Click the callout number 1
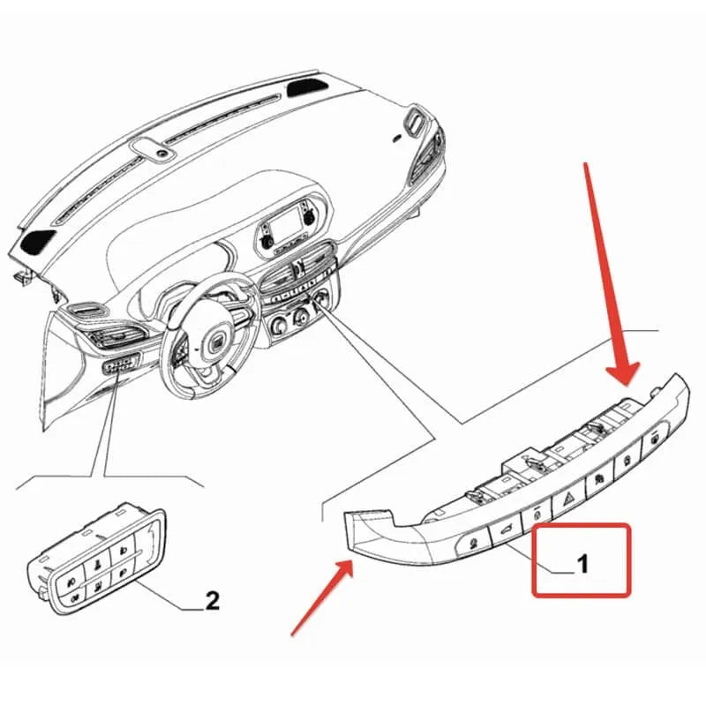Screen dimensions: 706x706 point(582,564)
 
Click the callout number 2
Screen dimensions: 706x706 point(212,601)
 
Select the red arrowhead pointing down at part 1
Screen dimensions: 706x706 point(623,372)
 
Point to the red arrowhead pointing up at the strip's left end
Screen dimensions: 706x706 point(344,568)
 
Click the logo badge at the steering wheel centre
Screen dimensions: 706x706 point(215,342)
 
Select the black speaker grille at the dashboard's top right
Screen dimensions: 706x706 point(307,86)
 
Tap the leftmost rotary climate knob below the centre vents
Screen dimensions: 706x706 point(278,325)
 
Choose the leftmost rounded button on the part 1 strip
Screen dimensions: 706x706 point(473,542)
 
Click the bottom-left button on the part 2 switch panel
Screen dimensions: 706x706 point(71,597)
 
